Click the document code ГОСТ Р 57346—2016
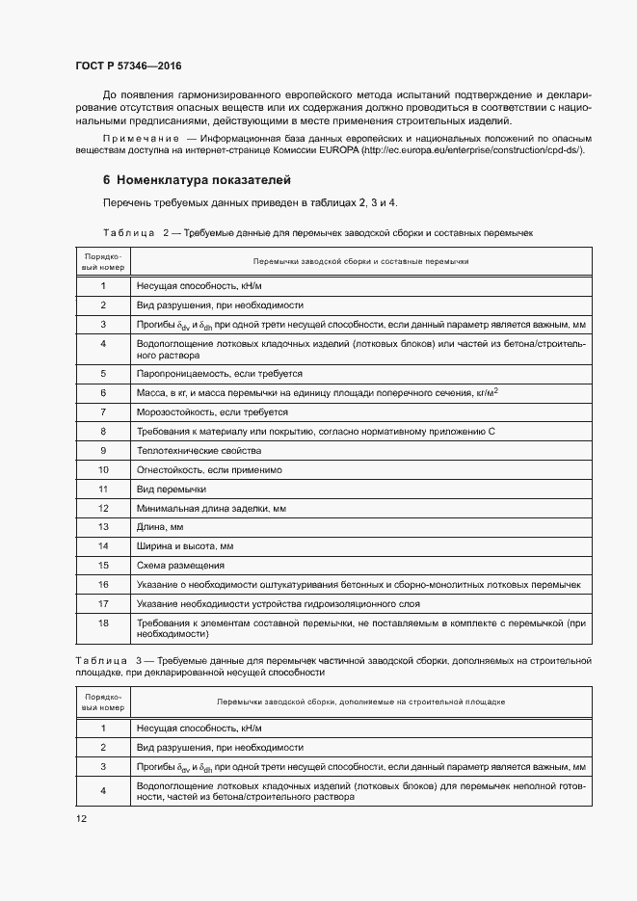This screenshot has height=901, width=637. pyautogui.click(x=128, y=66)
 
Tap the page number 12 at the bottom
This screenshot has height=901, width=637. pyautogui.click(x=81, y=819)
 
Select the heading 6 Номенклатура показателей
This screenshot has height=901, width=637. pyautogui.click(x=197, y=180)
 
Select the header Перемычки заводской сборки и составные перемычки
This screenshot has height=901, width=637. pyautogui.click(x=360, y=262)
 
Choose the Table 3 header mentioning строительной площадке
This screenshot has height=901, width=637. pyautogui.click(x=360, y=702)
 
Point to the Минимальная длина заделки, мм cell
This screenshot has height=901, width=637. pyautogui.click(x=211, y=508)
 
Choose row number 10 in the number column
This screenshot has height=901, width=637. pyautogui.click(x=102, y=469)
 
